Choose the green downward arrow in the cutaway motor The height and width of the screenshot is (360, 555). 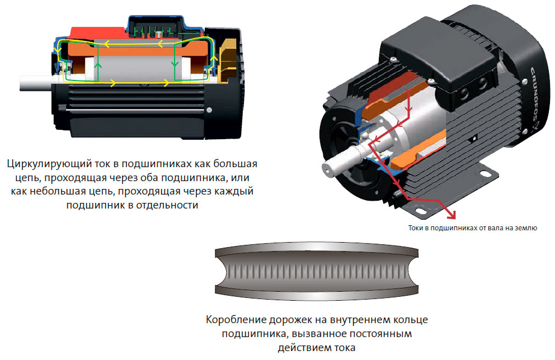(175, 64)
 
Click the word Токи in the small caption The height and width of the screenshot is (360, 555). (416, 228)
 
